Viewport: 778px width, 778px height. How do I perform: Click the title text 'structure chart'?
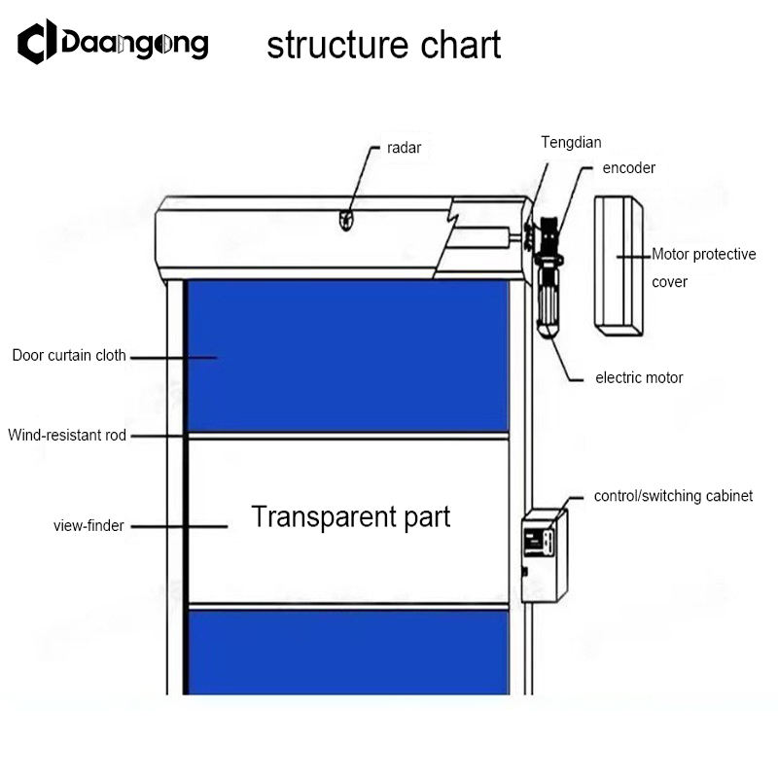click(x=384, y=45)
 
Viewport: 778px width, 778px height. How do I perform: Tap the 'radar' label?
click(x=404, y=148)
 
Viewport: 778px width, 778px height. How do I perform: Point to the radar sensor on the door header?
click(x=345, y=221)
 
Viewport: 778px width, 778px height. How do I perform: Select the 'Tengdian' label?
click(x=571, y=143)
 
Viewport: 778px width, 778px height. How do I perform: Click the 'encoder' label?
click(x=628, y=167)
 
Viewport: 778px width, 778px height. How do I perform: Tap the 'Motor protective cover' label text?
click(x=703, y=267)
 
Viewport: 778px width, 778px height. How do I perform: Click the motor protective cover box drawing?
click(x=617, y=265)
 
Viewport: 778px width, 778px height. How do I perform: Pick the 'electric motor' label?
click(x=639, y=377)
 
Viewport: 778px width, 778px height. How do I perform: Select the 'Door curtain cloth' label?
click(x=69, y=355)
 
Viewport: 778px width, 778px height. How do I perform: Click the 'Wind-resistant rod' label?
click(x=67, y=436)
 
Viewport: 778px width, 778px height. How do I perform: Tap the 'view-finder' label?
click(x=88, y=526)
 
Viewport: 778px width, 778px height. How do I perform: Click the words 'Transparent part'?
click(x=351, y=516)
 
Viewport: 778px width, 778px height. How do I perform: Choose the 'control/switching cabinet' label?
click(x=673, y=496)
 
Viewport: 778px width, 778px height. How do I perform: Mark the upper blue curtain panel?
click(x=346, y=355)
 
